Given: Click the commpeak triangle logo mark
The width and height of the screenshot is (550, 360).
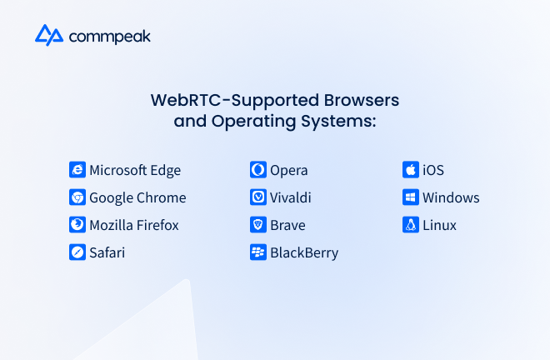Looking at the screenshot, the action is click(49, 35).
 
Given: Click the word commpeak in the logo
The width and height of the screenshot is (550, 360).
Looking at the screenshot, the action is click(110, 37).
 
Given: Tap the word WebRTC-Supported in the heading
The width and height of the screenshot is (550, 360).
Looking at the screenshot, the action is click(235, 101).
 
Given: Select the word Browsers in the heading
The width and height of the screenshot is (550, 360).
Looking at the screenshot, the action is click(362, 100).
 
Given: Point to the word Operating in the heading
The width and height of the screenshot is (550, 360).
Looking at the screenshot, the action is click(253, 122).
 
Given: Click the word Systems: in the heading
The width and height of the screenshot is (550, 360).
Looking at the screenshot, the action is click(338, 122).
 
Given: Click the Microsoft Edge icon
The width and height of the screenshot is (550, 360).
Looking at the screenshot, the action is click(77, 170).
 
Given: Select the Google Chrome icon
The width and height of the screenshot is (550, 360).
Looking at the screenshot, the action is click(77, 197).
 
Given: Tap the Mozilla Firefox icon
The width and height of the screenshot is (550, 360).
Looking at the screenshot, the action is click(77, 224).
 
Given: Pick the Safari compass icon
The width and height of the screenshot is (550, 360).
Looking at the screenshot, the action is click(77, 252).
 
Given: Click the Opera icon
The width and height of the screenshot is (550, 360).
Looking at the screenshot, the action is click(258, 170).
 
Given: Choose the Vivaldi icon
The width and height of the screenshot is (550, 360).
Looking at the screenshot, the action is click(258, 197).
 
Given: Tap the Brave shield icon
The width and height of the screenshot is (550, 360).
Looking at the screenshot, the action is click(258, 224).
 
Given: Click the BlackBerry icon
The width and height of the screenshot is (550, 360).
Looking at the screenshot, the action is click(258, 252).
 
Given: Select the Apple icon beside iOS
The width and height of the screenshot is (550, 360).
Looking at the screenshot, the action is click(411, 170).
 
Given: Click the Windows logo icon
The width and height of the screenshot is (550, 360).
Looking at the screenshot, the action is click(411, 197).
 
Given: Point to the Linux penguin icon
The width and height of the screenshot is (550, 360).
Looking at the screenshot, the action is click(411, 224).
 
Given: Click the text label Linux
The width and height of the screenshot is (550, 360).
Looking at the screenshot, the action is click(439, 225).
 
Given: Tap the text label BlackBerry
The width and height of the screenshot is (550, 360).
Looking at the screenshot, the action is click(304, 253).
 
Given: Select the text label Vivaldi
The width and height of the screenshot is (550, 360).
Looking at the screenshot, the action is click(291, 197).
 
